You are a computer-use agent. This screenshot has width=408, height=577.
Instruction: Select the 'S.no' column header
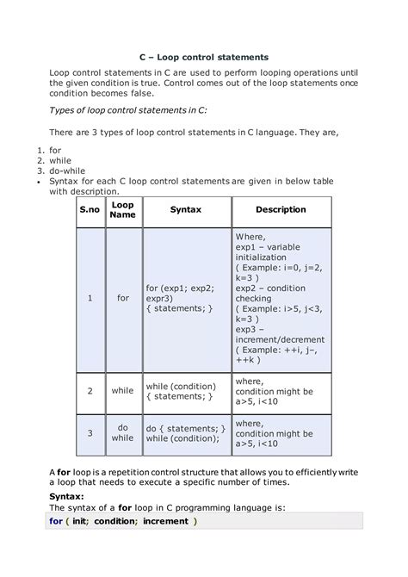tap(90, 209)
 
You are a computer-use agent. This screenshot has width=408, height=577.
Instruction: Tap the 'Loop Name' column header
tap(122, 210)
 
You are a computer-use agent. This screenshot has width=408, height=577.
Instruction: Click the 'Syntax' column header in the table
tap(185, 209)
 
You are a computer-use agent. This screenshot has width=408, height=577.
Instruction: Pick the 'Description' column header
tap(281, 209)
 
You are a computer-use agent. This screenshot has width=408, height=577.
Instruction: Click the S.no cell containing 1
tap(90, 298)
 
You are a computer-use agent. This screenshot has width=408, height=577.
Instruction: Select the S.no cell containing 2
tap(90, 391)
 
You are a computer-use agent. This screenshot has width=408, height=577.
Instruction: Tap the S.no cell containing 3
tap(90, 432)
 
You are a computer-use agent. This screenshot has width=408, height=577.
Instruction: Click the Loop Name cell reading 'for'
tap(122, 298)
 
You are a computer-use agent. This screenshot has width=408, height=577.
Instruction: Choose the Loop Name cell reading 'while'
tap(122, 391)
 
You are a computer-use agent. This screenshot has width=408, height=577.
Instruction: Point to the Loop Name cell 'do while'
tap(122, 432)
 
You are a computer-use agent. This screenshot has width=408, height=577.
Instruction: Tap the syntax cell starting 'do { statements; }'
tap(185, 432)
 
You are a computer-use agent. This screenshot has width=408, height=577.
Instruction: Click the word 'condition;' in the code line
tap(115, 522)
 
